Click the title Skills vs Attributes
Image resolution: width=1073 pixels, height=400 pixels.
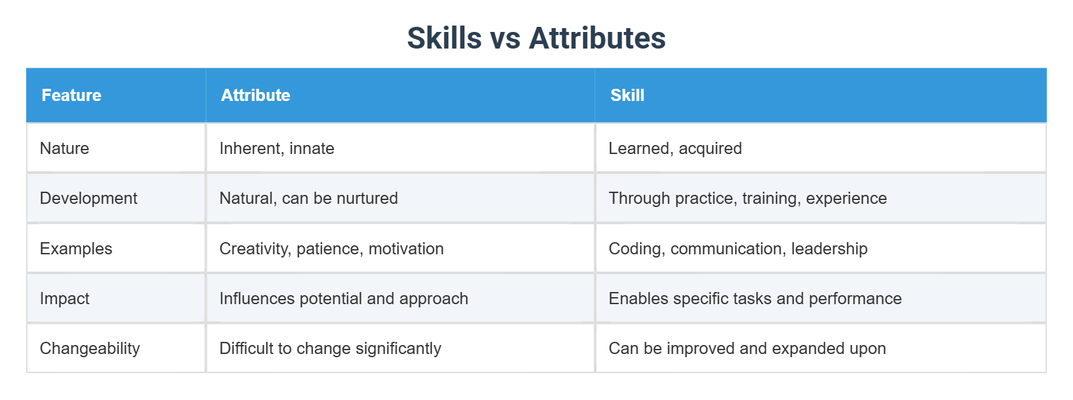click(x=536, y=38)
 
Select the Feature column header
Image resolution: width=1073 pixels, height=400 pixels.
click(x=71, y=95)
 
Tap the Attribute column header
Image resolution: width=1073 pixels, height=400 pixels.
click(x=255, y=95)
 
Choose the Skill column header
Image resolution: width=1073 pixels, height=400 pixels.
click(x=627, y=95)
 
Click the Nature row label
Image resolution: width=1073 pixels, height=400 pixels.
click(x=65, y=148)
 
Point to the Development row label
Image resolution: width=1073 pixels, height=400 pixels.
click(x=88, y=198)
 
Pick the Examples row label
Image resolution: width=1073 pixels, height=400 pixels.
click(x=76, y=249)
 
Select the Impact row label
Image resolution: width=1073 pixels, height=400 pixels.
click(x=65, y=298)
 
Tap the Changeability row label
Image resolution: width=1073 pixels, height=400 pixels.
click(x=89, y=348)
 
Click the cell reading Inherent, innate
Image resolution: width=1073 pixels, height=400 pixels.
click(x=277, y=148)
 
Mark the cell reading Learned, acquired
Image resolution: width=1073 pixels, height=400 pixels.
click(x=675, y=148)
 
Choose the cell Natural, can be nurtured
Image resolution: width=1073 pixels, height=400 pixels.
click(x=308, y=198)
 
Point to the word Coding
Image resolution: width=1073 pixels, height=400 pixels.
click(x=634, y=249)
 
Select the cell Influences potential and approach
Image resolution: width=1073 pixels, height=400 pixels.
click(x=344, y=298)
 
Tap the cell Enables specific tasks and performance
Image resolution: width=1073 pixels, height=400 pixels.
click(x=755, y=298)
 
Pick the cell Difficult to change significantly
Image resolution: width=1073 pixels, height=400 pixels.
click(x=330, y=348)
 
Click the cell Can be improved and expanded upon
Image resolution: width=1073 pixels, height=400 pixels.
click(x=747, y=348)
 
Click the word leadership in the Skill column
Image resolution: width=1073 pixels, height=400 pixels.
click(x=829, y=249)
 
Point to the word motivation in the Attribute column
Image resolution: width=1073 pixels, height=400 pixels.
click(x=406, y=249)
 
